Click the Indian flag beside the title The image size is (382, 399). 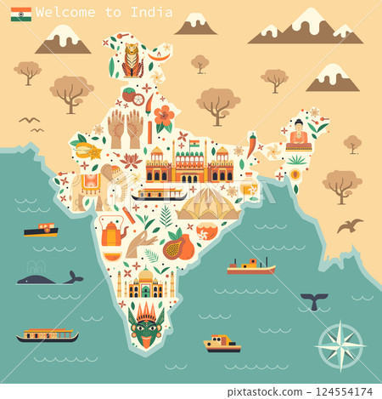[21, 14]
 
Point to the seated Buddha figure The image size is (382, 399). [298, 135]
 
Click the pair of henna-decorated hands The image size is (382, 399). [125, 128]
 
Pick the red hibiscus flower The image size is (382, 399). [164, 117]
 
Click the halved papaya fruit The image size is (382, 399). [179, 248]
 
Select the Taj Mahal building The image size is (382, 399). [145, 283]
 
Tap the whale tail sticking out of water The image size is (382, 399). [314, 300]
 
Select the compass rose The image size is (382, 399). [340, 345]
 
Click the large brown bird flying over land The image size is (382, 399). [349, 225]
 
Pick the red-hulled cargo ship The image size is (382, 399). [251, 267]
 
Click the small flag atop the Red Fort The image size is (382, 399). [194, 143]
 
